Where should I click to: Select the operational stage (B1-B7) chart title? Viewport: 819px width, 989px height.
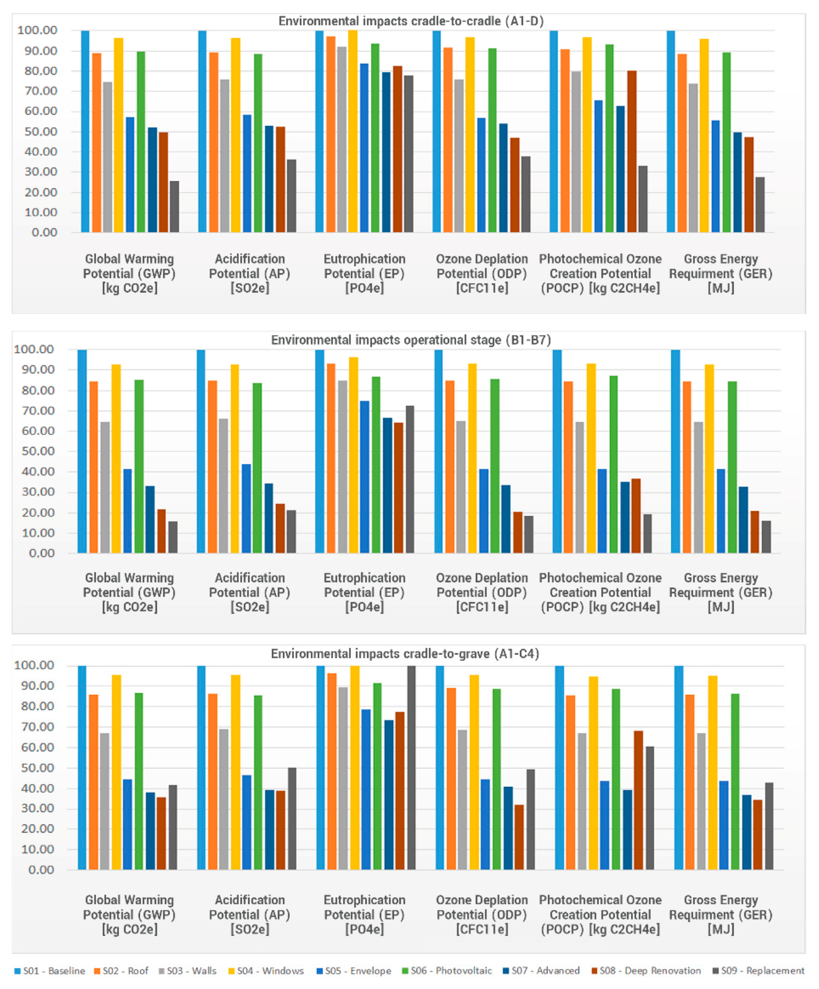411,340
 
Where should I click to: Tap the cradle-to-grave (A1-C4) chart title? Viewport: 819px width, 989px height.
405,654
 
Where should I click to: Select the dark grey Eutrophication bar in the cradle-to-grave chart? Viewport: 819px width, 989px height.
411,768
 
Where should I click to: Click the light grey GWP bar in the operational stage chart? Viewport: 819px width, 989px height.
105,487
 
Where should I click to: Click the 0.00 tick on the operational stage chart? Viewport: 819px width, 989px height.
42,553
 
